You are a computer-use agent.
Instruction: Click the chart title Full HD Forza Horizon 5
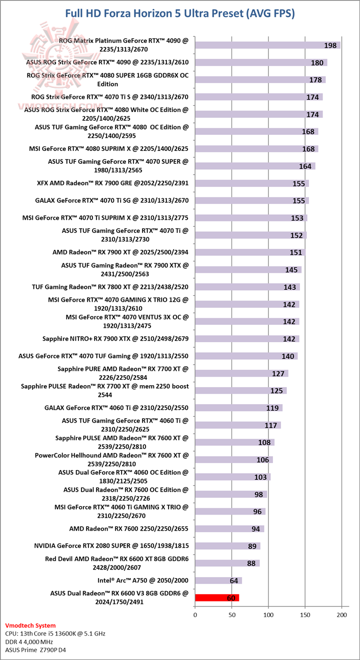click(180, 13)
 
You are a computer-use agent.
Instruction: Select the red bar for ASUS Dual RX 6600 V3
click(217, 598)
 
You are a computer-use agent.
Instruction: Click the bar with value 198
click(267, 45)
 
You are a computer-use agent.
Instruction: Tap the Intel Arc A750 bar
click(218, 581)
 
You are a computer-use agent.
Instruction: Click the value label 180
click(317, 63)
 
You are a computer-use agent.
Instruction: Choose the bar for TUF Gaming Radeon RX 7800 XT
click(247, 287)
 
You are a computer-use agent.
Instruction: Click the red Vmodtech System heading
click(30, 626)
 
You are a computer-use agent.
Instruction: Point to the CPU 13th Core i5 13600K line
click(55, 634)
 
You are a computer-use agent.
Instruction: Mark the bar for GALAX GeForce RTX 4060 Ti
click(238, 408)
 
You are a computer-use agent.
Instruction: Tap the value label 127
click(278, 374)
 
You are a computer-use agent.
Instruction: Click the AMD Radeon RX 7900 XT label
click(120, 252)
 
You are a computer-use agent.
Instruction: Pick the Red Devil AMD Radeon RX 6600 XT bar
click(227, 563)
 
